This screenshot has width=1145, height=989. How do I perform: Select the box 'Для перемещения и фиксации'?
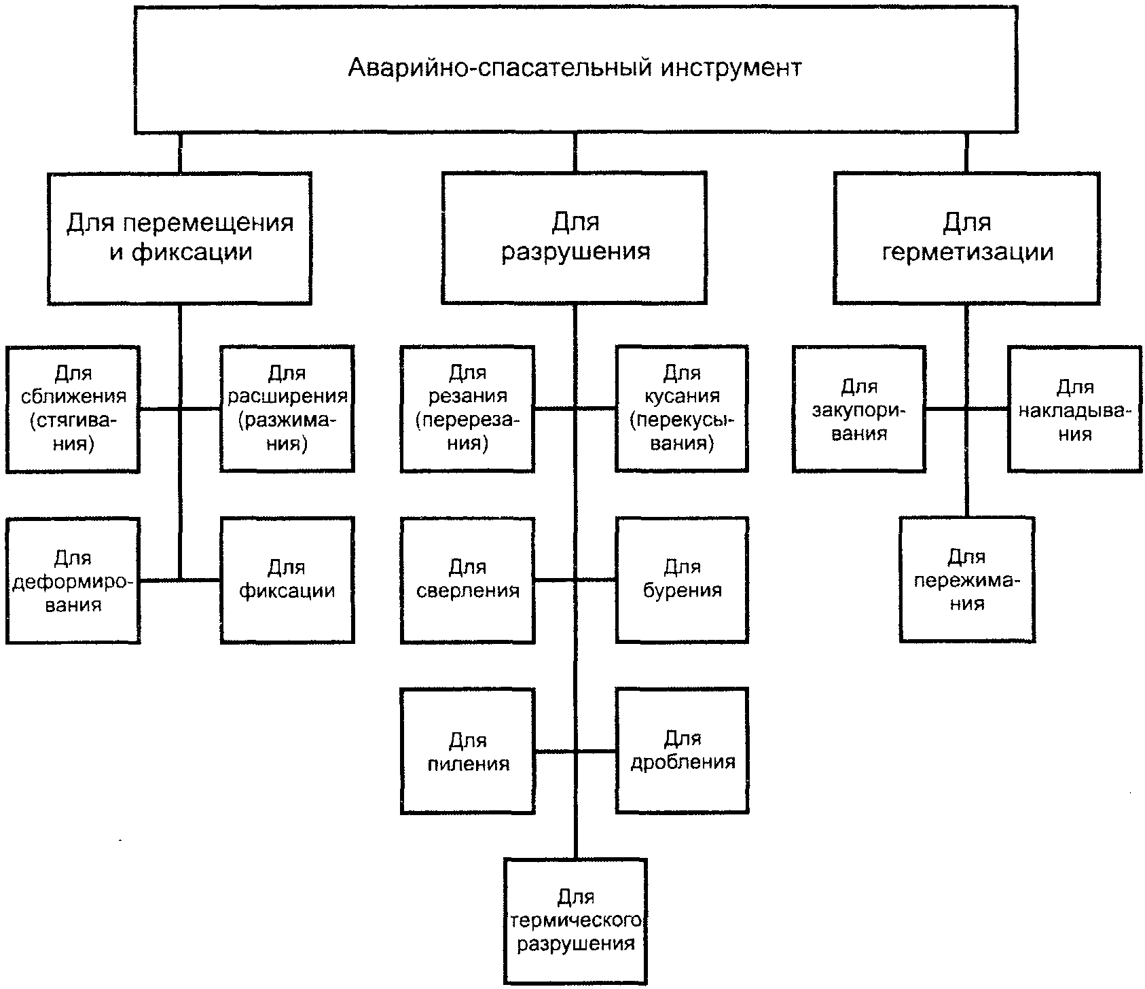pos(180,238)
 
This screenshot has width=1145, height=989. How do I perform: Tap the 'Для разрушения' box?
pos(575,238)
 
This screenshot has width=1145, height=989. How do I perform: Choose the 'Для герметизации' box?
pos(966,238)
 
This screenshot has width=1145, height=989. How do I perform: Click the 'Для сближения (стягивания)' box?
pos(73,409)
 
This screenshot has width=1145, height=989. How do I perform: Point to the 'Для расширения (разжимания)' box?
pos(287,409)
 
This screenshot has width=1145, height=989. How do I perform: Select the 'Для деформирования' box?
pos(73,581)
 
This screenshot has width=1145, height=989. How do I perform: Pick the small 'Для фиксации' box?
pos(287,581)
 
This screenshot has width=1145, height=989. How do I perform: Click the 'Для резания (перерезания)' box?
pos(467,409)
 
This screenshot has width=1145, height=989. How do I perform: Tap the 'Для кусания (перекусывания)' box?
pos(682,409)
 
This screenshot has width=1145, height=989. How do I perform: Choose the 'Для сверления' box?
pos(467,581)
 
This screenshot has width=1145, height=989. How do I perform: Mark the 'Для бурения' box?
pos(682,581)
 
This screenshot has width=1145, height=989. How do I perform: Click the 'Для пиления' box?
pos(467,751)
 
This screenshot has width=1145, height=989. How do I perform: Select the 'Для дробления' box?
pos(682,751)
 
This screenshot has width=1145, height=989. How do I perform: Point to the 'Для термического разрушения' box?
pos(575,922)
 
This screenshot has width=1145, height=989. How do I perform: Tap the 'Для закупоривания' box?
pos(859,409)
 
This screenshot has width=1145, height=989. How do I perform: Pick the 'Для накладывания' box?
pos(1074,409)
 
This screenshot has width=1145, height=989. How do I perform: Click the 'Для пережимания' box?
pos(967,580)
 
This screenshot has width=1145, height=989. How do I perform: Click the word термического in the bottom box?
pos(576,922)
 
